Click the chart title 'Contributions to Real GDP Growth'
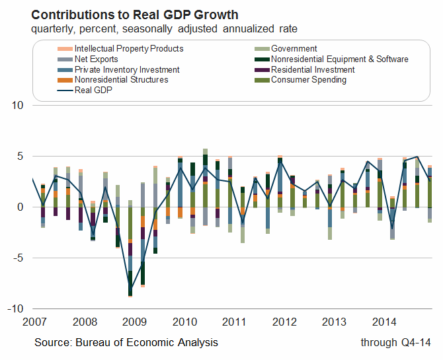[x=135, y=15]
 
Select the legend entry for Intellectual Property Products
[x=129, y=49]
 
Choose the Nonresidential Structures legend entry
[x=122, y=80]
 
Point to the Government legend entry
[x=294, y=49]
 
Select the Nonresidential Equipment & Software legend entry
[x=340, y=59]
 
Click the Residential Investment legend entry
[x=313, y=69]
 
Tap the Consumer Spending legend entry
[x=309, y=80]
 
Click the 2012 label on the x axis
[x=284, y=322]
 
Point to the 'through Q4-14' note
[x=395, y=342]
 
